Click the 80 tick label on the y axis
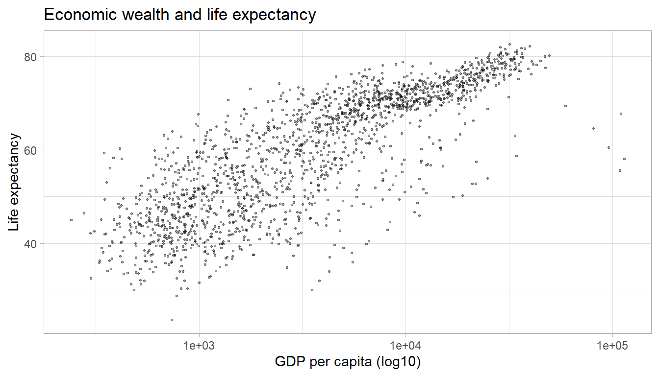tap(31, 57)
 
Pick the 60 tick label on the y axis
tap(31, 150)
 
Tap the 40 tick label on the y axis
tap(31, 244)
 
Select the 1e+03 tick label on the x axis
tap(199, 346)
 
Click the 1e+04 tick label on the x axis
tap(406, 346)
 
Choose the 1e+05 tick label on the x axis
tap(612, 346)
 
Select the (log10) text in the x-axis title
tap(400, 363)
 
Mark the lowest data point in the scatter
tap(172, 320)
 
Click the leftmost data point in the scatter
tap(71, 220)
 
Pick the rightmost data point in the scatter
tap(624, 159)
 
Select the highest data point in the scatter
tap(509, 44)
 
